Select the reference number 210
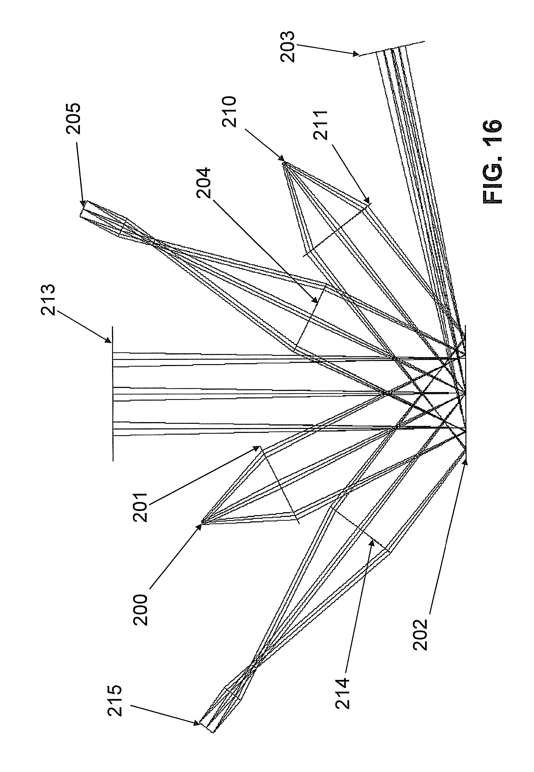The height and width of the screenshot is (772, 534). point(230,112)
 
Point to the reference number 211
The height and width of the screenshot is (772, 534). point(321,125)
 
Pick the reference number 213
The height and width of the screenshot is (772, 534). point(48,300)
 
